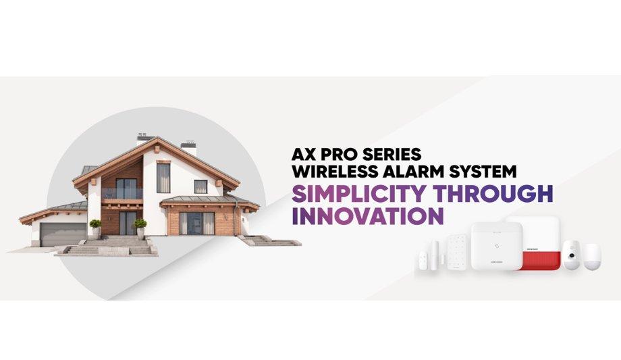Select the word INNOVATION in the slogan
367,215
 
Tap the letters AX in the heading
303,154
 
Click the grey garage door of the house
63,234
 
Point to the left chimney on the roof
144,138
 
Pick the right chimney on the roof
188,148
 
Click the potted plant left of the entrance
95,226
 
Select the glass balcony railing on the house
122,194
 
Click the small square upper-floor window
200,186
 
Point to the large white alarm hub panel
496,246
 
